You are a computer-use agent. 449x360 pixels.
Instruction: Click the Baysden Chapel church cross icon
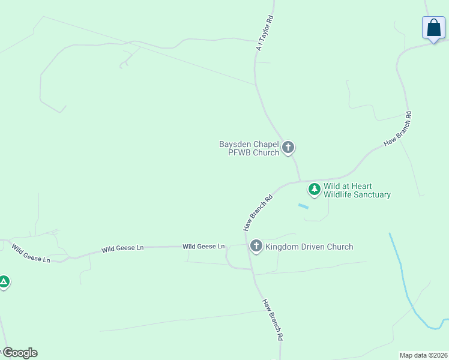(288, 147)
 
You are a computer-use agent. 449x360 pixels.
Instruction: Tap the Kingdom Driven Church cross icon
(256, 245)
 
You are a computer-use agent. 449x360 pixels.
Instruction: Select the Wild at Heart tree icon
(314, 190)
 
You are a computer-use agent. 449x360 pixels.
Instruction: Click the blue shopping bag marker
(433, 28)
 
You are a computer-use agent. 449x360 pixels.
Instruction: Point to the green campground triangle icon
(4, 281)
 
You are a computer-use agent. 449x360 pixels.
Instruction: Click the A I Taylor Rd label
(265, 33)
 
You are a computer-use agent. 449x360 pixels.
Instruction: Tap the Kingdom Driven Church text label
(309, 247)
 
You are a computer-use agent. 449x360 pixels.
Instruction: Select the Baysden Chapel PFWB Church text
(249, 148)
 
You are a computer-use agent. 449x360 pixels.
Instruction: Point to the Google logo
(19, 353)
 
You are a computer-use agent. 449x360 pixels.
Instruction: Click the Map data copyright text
(423, 355)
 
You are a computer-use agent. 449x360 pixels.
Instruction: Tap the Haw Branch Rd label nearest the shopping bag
(398, 128)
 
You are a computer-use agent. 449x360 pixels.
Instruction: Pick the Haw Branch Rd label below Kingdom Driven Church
(273, 319)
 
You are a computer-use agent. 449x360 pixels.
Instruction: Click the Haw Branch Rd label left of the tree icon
(258, 212)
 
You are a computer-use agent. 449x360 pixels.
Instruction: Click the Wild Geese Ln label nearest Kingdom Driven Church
(203, 246)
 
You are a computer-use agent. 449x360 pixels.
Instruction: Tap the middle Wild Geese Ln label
(122, 248)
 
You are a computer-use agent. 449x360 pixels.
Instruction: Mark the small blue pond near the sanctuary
(303, 206)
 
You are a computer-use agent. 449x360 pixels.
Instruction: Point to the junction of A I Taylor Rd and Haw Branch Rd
(300, 181)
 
